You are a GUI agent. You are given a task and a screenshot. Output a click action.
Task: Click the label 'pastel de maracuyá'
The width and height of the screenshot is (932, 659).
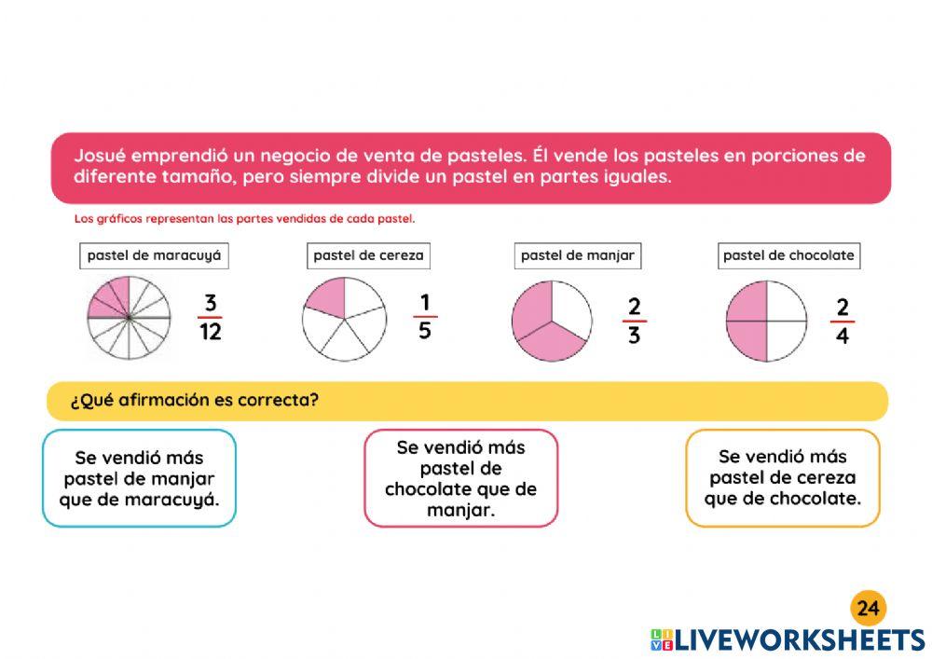click(x=154, y=255)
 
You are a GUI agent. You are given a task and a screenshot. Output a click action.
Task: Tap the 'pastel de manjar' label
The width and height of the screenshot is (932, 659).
click(x=578, y=255)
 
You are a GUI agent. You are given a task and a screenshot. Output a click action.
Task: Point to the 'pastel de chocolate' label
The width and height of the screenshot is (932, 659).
click(x=788, y=255)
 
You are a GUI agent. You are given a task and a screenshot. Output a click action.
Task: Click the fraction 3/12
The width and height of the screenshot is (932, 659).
click(x=211, y=317)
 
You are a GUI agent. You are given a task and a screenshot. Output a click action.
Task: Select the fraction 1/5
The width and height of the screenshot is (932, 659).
click(x=425, y=317)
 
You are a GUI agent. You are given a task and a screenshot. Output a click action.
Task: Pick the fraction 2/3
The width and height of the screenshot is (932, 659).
click(x=634, y=322)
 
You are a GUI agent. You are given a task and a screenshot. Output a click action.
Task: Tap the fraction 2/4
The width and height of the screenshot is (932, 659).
click(x=842, y=322)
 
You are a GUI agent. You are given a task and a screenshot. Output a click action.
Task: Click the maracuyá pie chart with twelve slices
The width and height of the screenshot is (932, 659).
click(x=128, y=318)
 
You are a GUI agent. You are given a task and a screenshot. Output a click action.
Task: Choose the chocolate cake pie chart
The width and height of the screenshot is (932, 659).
click(x=765, y=322)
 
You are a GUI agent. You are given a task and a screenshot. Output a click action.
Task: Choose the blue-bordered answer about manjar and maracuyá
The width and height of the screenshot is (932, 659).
click(x=140, y=478)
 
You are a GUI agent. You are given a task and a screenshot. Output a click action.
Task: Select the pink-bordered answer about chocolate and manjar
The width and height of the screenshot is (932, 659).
click(x=460, y=478)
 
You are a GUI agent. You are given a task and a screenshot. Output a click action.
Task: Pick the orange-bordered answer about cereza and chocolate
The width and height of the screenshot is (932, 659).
click(x=782, y=477)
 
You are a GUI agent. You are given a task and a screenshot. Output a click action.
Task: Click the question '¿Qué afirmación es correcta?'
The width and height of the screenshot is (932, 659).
click(x=195, y=401)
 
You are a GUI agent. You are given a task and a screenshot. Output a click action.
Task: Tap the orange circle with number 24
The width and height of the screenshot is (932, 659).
click(x=868, y=609)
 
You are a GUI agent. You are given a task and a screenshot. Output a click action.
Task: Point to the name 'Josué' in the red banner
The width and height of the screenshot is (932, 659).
click(x=101, y=155)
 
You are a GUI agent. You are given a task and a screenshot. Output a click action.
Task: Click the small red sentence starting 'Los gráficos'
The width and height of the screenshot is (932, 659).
click(x=244, y=219)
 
